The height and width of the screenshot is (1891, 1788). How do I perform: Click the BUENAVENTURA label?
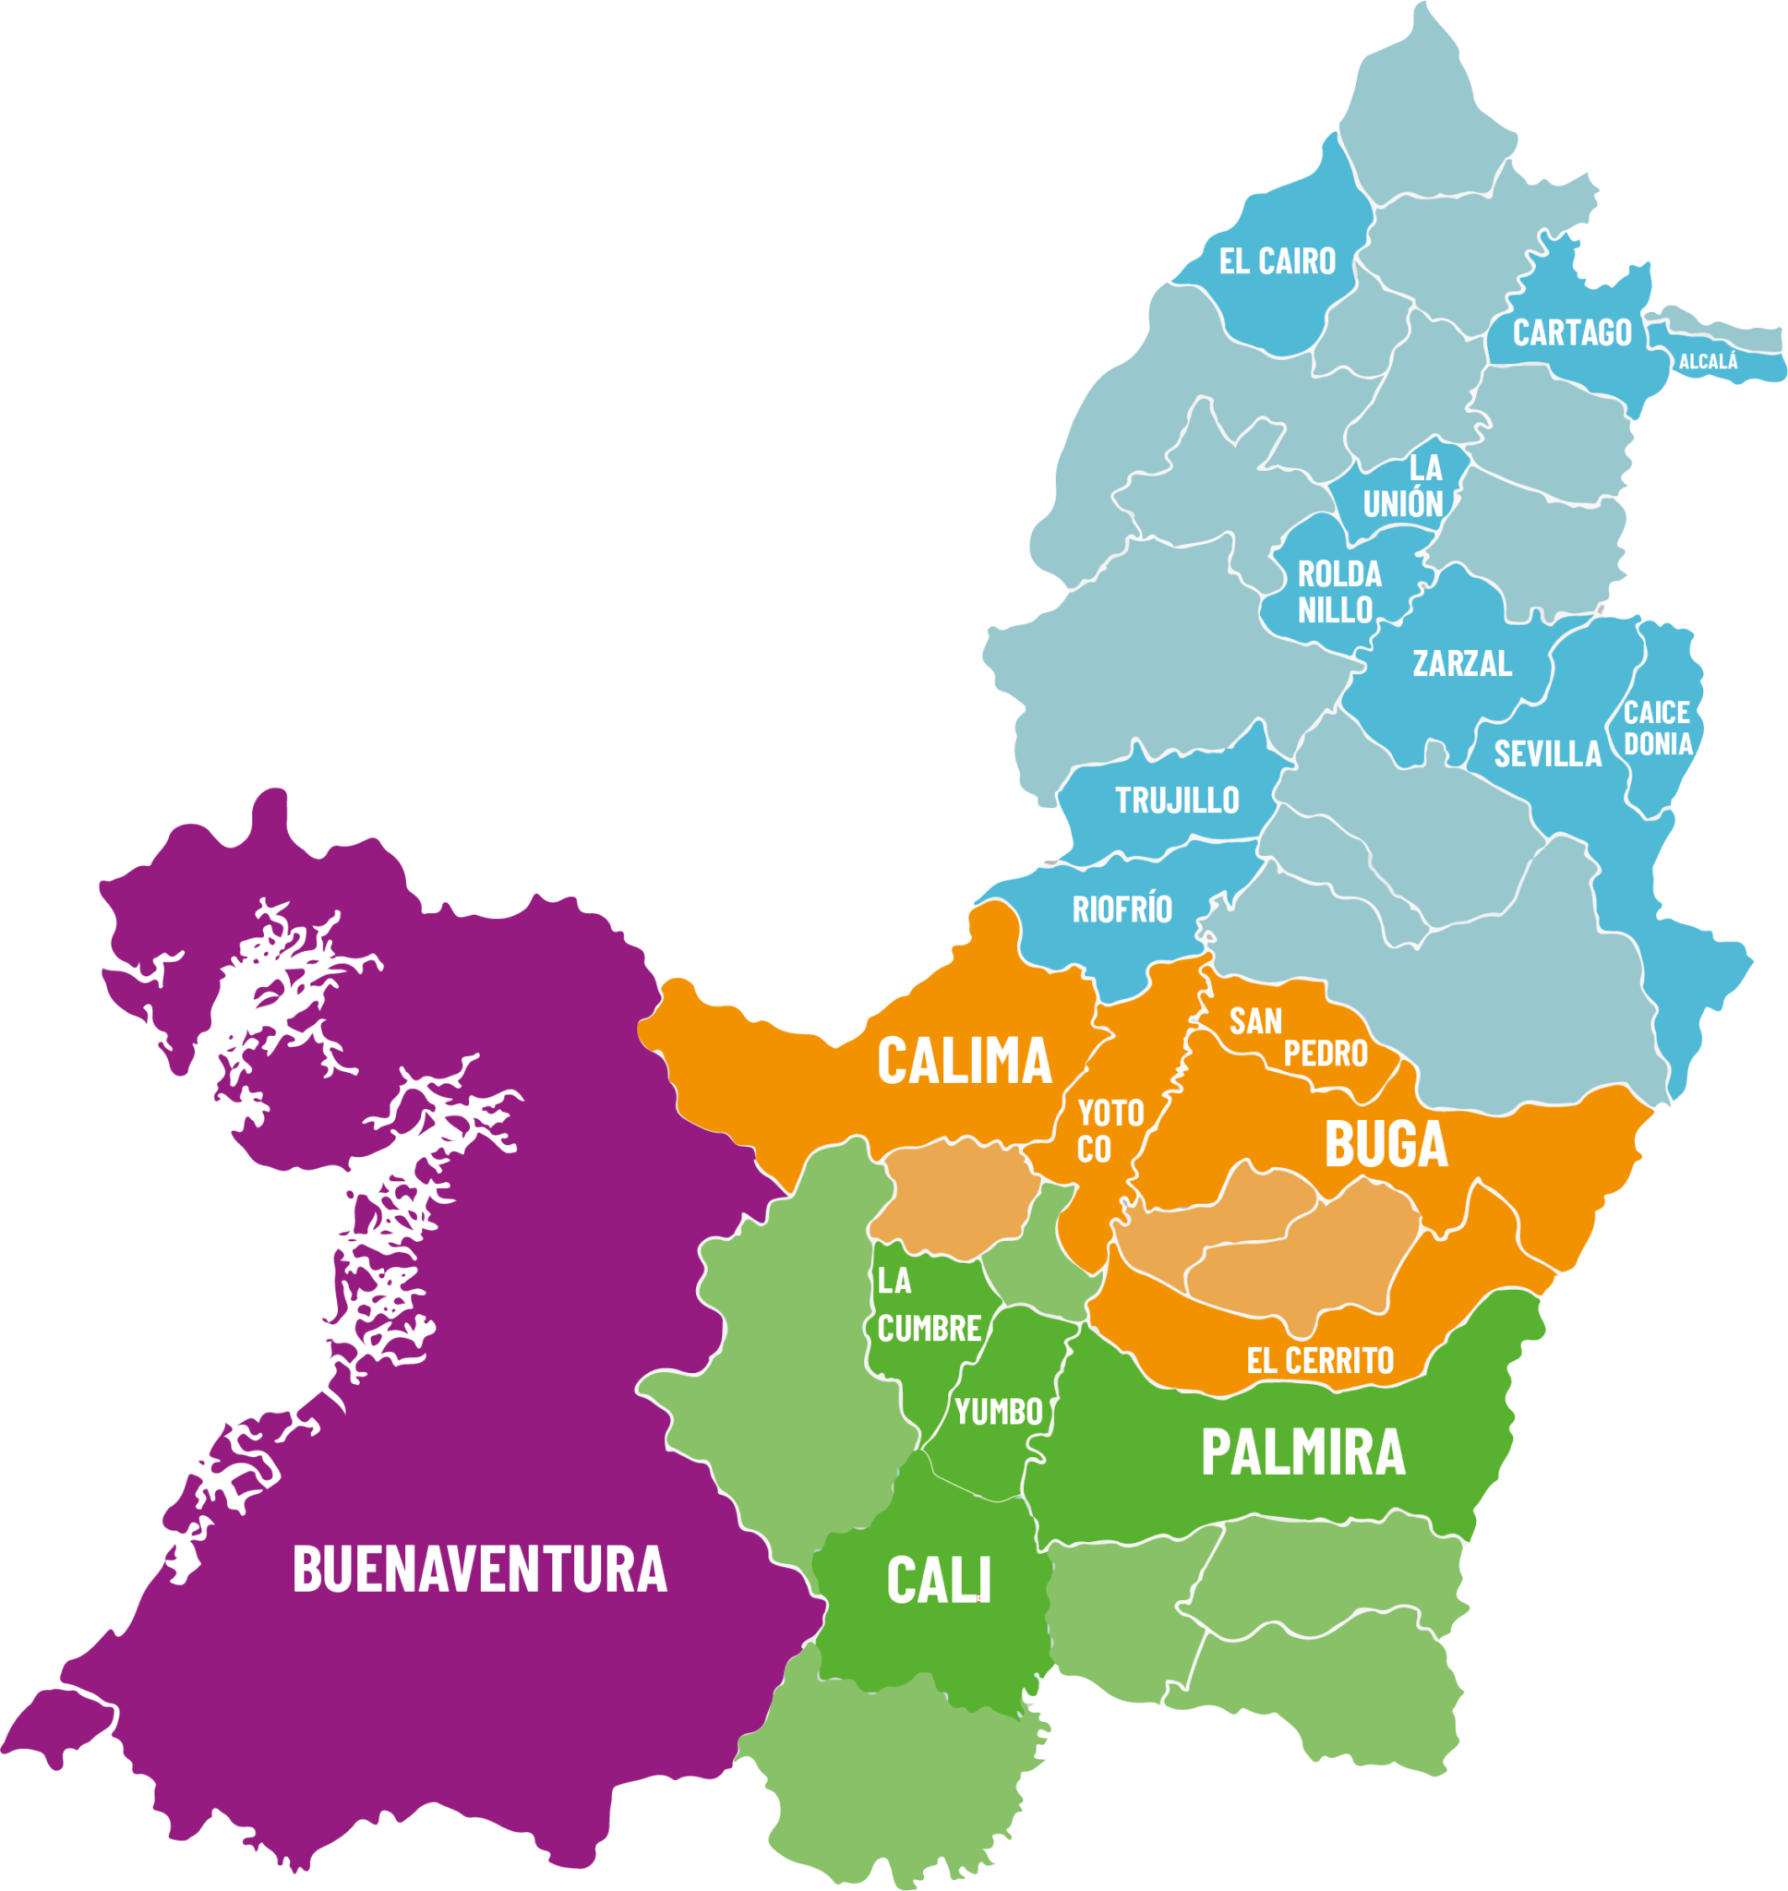point(479,1570)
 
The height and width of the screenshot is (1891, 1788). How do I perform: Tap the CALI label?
point(939,1580)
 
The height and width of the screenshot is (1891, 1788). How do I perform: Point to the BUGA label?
point(1386,1145)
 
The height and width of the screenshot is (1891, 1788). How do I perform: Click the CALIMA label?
point(964,1062)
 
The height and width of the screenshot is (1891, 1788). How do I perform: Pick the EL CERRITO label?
point(1320,1361)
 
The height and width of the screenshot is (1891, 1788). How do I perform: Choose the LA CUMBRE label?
point(929,1306)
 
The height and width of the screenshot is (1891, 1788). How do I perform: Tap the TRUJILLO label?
point(1177,801)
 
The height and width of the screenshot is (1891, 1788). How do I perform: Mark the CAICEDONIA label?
point(1658,729)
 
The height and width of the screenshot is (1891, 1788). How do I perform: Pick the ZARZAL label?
point(1462,663)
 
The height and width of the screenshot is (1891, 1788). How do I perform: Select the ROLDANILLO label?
point(1339,592)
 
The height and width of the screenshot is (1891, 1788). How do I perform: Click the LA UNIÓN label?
point(1404,486)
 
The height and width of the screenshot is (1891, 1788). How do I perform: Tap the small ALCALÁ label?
point(1708,362)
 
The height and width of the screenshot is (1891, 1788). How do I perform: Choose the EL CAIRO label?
point(1278,261)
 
